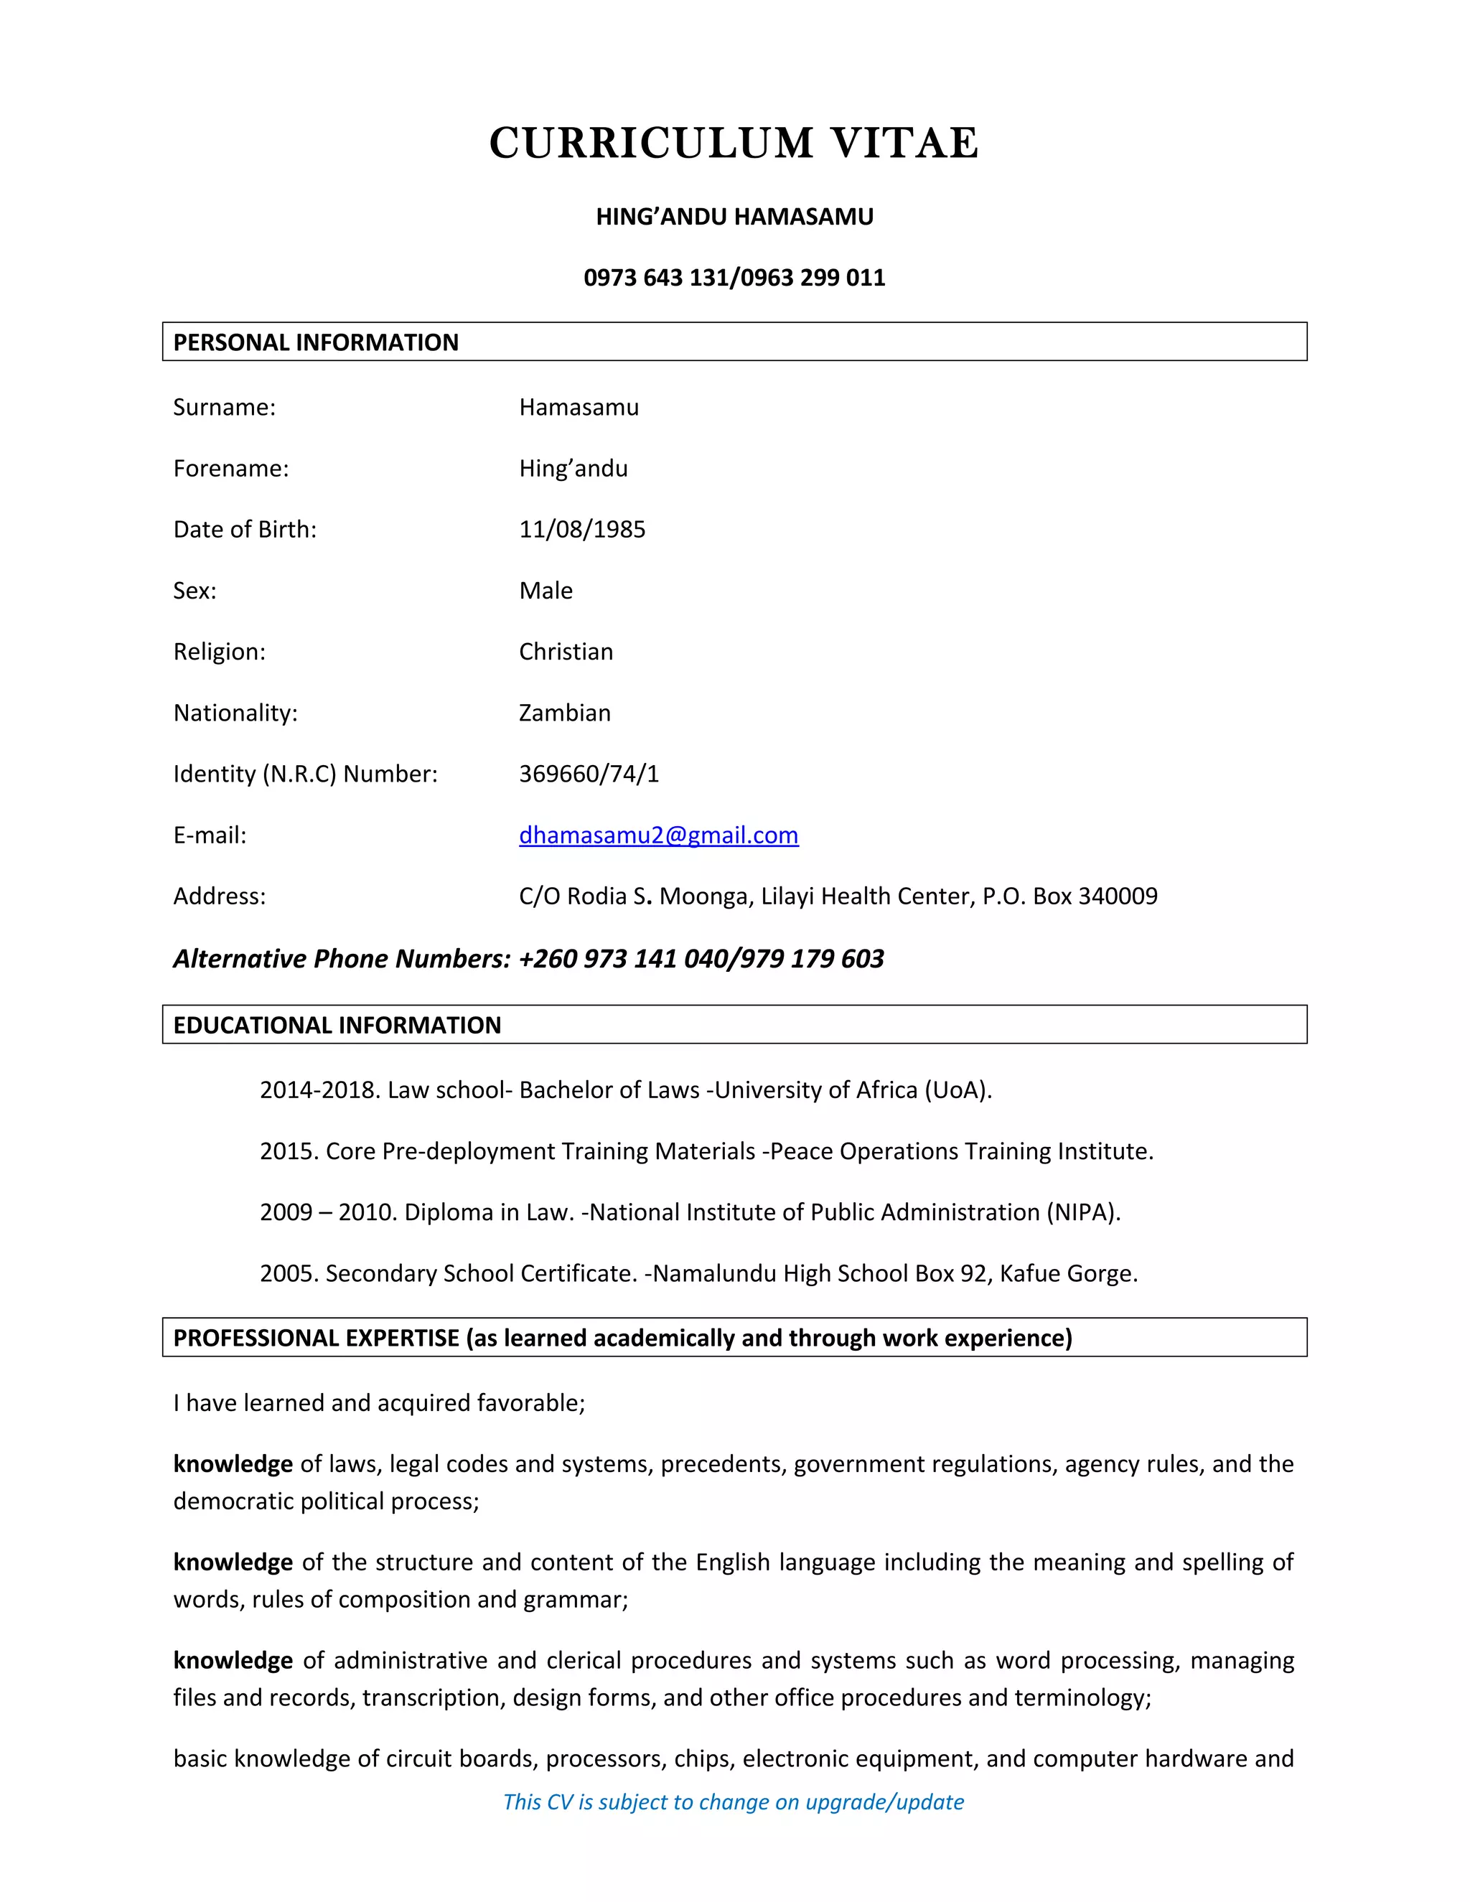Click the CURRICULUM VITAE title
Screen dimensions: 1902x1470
734,144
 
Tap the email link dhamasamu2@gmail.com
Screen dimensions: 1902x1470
658,835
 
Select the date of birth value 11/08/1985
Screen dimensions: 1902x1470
581,530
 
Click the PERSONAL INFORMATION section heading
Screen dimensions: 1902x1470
315,342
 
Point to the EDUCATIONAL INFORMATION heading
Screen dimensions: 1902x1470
337,1025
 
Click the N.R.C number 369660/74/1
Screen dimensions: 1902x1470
589,774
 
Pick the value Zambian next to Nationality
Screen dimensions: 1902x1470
564,713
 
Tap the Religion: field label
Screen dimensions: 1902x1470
220,652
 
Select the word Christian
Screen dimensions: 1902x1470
566,652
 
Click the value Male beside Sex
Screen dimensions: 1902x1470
546,591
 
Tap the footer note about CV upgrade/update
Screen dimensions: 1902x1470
734,1802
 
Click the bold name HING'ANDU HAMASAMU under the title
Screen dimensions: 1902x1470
734,217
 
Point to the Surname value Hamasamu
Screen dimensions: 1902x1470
579,408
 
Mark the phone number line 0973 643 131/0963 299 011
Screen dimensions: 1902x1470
734,278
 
